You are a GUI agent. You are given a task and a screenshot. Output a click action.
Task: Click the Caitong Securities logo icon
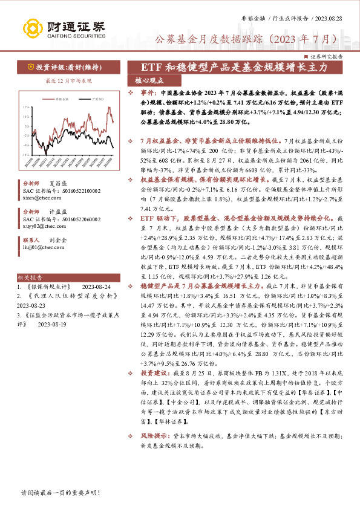coord(33,27)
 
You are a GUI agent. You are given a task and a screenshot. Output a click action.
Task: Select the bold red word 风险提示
coord(150,433)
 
